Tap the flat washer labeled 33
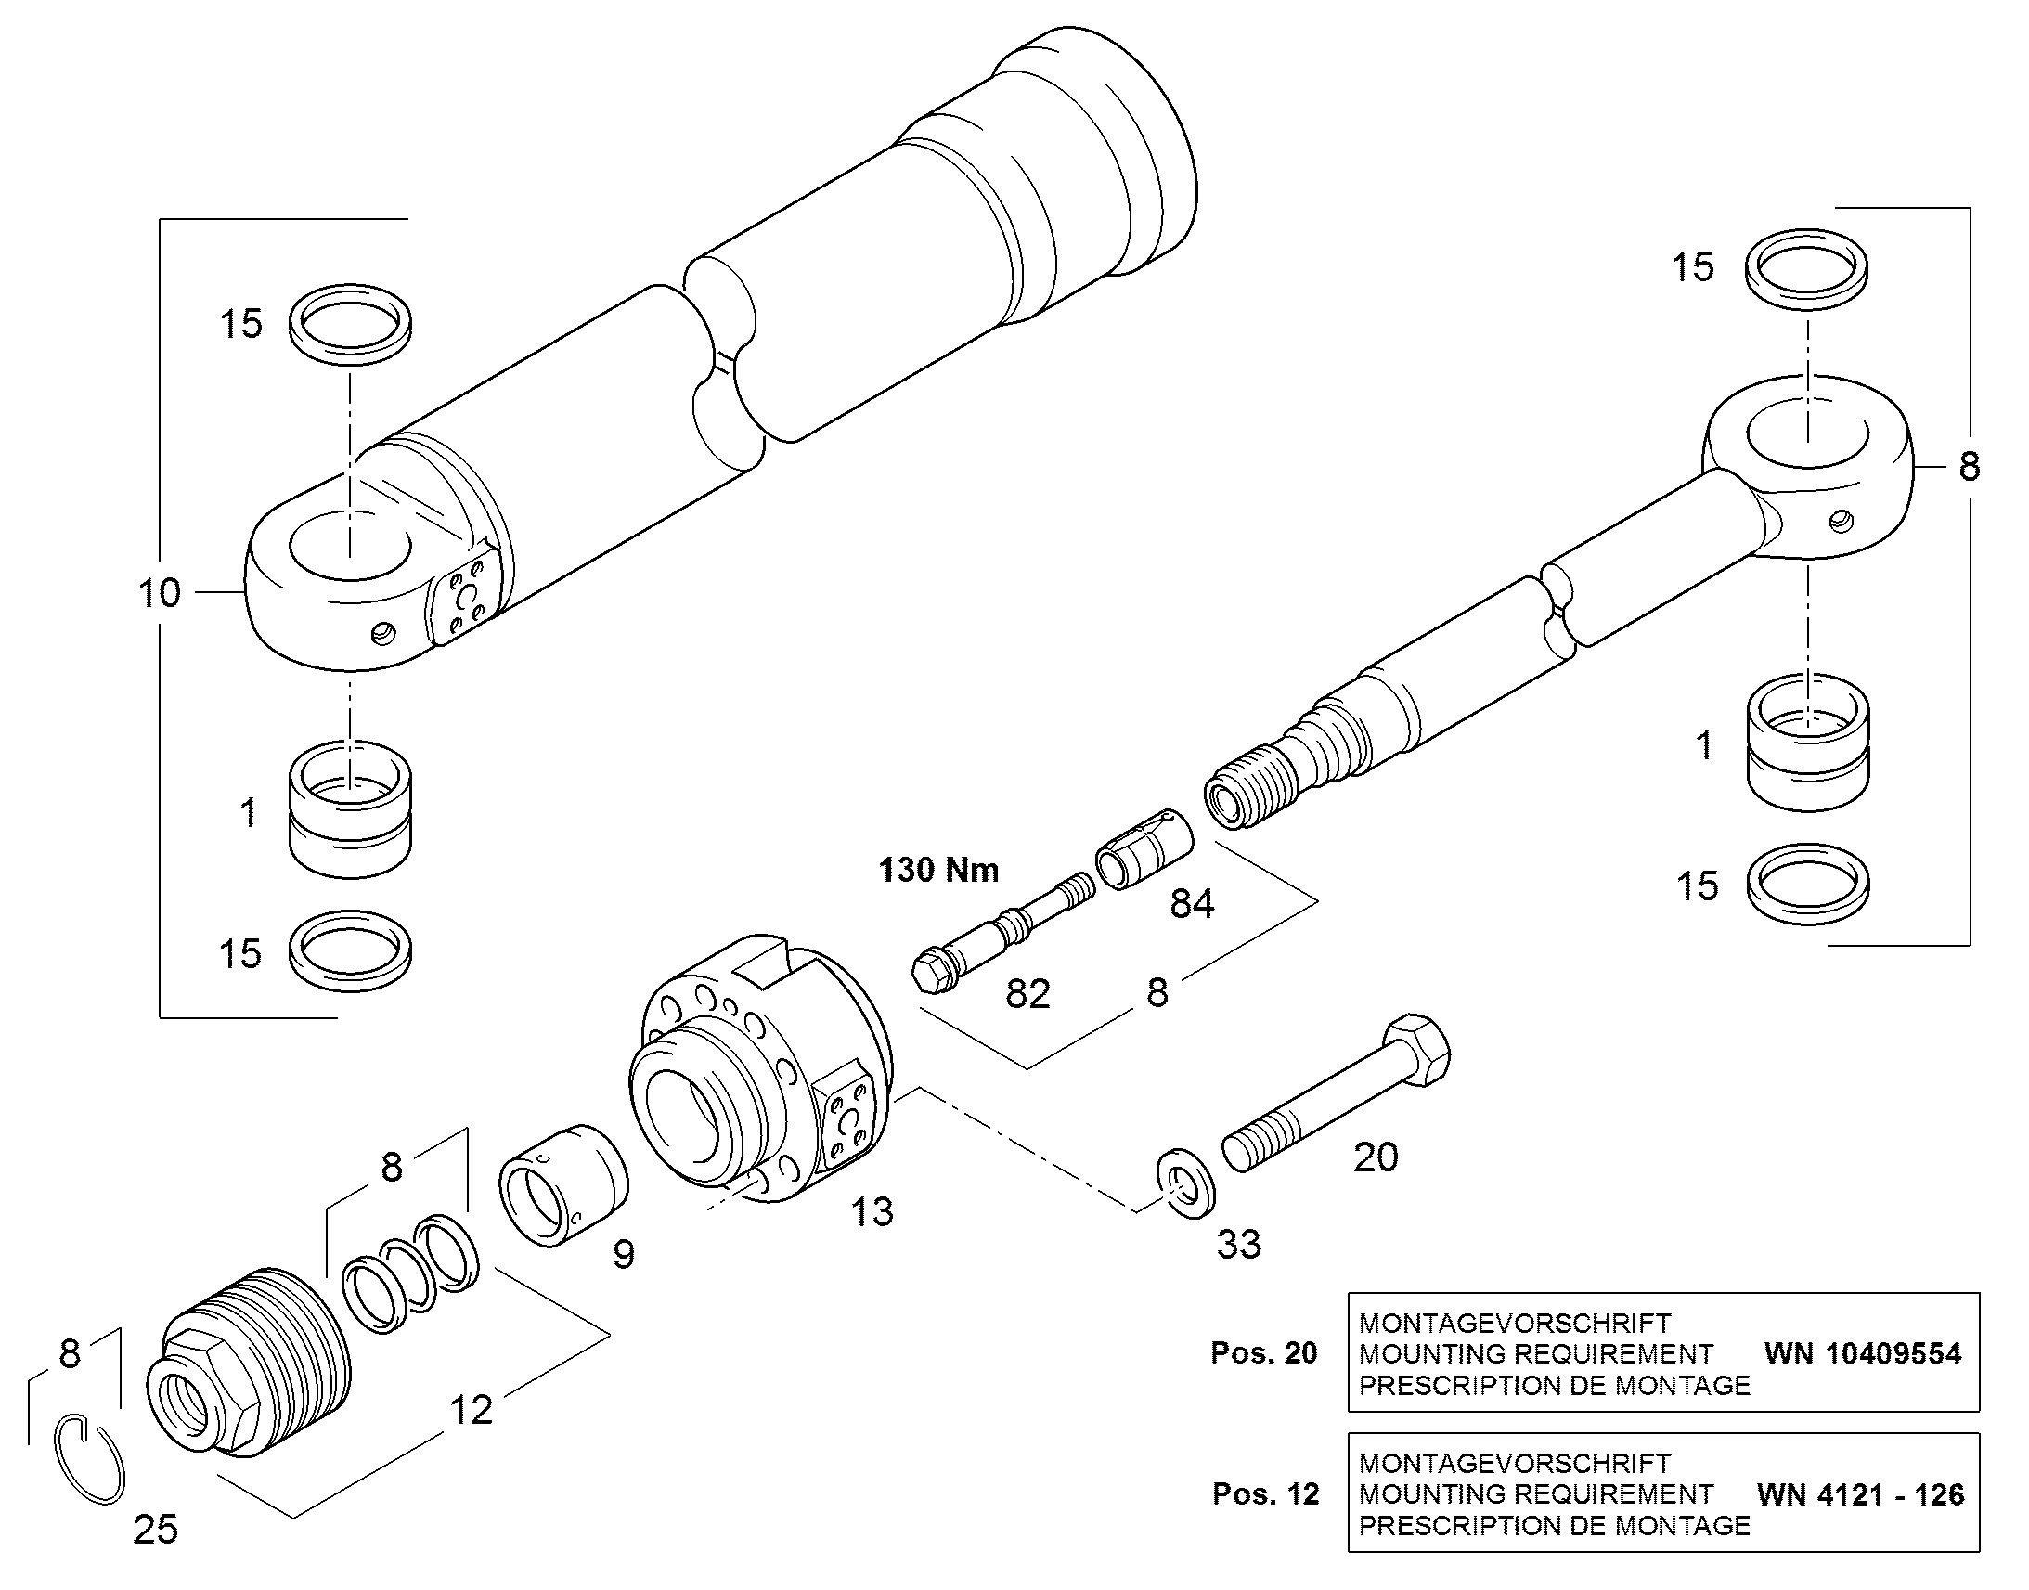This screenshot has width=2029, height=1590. (x=1186, y=1183)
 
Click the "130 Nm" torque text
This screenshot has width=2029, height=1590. (x=939, y=871)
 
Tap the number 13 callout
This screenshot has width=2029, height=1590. (x=872, y=1212)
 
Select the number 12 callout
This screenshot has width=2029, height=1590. (x=471, y=1411)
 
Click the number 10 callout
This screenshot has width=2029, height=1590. (x=159, y=593)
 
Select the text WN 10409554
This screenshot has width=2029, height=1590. (x=1863, y=1353)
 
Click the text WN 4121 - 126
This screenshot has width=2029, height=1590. (x=1861, y=1495)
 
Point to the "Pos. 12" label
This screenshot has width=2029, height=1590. (x=1266, y=1494)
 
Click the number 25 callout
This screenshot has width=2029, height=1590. (x=155, y=1531)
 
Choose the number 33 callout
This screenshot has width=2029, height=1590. (x=1239, y=1245)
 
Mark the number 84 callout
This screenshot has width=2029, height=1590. (x=1193, y=903)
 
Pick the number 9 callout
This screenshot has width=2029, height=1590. (x=624, y=1255)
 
